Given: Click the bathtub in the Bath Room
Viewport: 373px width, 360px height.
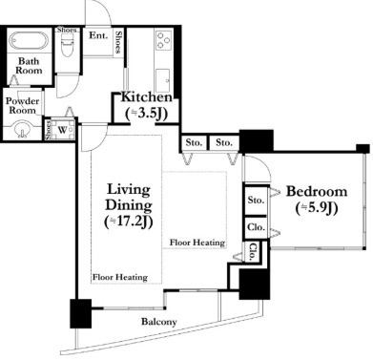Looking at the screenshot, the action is [29, 41].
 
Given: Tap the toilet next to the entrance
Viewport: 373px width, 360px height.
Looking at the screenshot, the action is [67, 45].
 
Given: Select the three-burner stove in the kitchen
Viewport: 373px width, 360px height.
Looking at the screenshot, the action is [164, 41].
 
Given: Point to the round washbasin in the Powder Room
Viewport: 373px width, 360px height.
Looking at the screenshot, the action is [22, 130].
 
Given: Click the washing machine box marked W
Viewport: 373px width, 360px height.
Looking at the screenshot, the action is [63, 130].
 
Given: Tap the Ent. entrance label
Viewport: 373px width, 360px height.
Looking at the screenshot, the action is [98, 35].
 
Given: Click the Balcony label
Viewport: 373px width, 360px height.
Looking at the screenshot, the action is [159, 322].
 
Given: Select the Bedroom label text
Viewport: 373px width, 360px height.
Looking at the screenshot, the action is [317, 191].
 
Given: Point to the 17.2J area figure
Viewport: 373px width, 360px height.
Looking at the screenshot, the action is [129, 222].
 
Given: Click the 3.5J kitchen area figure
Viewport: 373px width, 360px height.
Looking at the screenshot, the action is [146, 114].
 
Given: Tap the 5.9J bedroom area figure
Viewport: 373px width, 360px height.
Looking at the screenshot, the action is [317, 208].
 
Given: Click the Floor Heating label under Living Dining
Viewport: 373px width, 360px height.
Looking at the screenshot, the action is [120, 277].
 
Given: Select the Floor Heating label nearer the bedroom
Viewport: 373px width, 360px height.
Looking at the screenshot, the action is [197, 243].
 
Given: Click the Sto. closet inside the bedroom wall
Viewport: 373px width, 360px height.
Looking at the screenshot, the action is [256, 201].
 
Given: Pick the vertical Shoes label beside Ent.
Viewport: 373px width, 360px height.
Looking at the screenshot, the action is [118, 42].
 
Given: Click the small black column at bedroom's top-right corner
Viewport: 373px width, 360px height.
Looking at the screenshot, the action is [363, 149].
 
